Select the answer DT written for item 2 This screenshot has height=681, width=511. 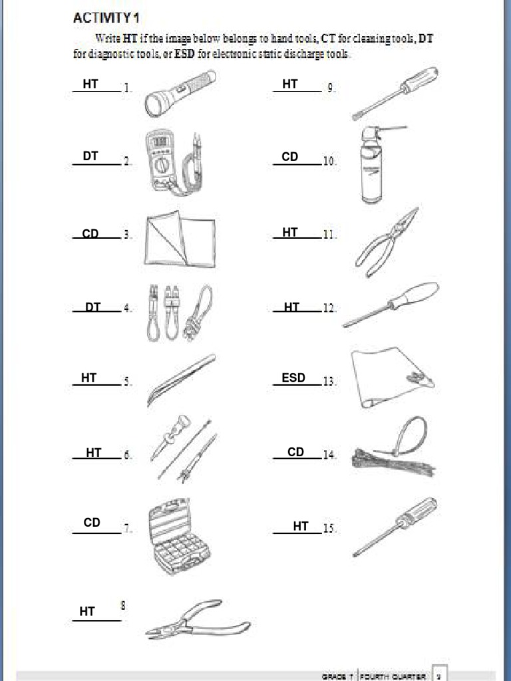[90, 156]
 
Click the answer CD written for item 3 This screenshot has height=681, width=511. [90, 234]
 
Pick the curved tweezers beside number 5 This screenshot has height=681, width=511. [181, 380]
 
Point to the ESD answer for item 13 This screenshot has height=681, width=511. [293, 378]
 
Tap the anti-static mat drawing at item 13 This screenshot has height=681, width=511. [390, 376]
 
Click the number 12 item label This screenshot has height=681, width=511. [329, 308]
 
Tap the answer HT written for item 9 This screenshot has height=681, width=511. [290, 84]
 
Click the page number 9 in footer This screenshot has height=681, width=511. [438, 674]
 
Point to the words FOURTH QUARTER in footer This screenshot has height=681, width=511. [393, 676]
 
